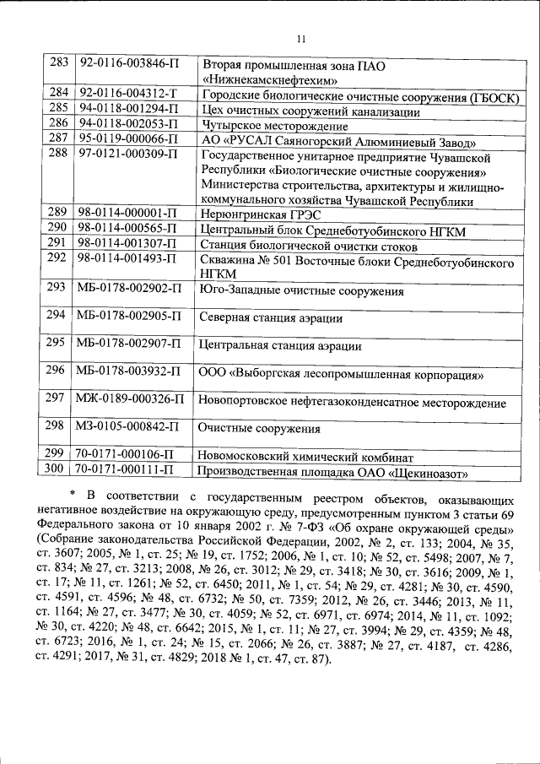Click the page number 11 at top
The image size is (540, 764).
point(300,37)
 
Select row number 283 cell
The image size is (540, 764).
point(58,64)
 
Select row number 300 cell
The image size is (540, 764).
point(58,469)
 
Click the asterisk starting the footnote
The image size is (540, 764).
point(74,494)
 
